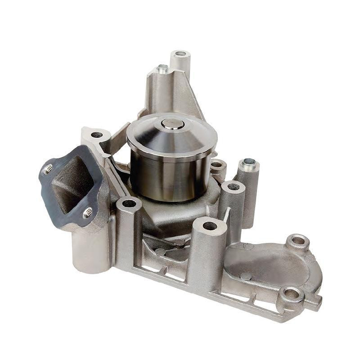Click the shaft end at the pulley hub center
[x=171, y=123]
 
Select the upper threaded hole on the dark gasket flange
[x=48, y=170]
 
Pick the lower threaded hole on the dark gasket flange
[x=88, y=213]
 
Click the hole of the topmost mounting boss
[x=181, y=54]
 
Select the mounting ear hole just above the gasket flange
[x=97, y=135]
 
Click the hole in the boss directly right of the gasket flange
[x=129, y=203]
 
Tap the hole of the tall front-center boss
[x=210, y=225]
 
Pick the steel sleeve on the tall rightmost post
[x=249, y=162]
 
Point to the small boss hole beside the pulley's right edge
[x=217, y=165]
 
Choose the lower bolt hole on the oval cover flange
[x=291, y=295]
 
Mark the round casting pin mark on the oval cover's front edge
[x=246, y=276]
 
